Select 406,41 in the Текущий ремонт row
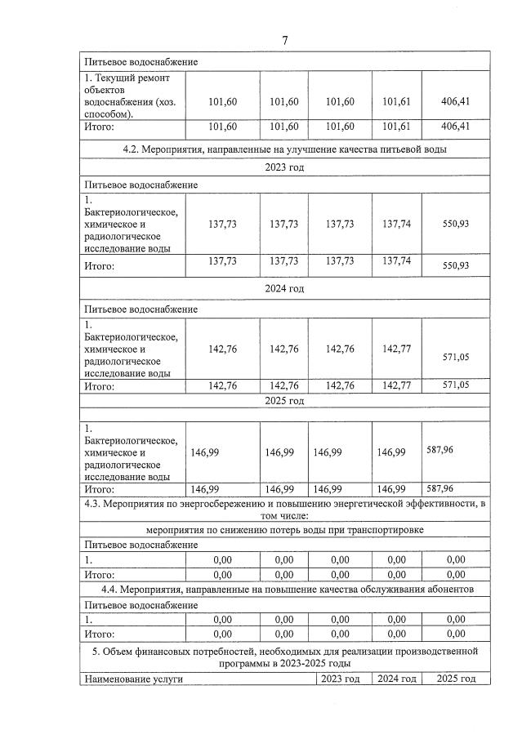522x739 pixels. [x=455, y=101]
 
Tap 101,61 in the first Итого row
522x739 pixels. [x=396, y=127]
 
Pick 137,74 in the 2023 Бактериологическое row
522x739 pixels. [x=396, y=223]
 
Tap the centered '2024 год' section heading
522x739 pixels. [x=285, y=288]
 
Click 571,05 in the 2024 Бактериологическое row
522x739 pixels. [x=455, y=357]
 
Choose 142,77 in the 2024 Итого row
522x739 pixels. [x=396, y=385]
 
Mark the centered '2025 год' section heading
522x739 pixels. [x=285, y=401]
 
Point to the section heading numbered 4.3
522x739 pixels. [x=285, y=510]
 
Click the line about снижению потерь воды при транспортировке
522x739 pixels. [x=285, y=529]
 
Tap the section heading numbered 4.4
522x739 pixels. [x=285, y=590]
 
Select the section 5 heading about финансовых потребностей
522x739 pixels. [x=285, y=658]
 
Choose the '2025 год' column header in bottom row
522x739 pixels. [x=455, y=679]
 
